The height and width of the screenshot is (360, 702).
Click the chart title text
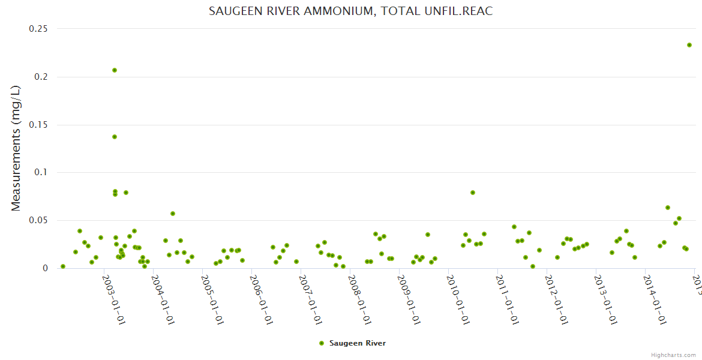pos(350,11)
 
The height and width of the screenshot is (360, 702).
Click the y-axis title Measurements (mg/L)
pos(16,148)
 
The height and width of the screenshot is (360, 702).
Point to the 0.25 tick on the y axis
pos(38,29)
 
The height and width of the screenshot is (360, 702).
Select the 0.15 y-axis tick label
pos(38,125)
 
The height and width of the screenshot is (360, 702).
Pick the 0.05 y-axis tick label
pos(38,221)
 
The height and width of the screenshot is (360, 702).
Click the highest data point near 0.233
pos(689,45)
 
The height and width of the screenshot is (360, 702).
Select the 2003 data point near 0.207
pos(115,70)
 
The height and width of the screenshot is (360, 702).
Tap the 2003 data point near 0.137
pos(115,137)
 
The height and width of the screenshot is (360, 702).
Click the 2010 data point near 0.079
pos(473,193)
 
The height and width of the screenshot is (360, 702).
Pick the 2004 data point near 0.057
pos(173,214)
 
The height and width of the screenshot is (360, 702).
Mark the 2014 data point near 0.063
pos(668,208)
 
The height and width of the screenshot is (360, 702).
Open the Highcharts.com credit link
pos(673,355)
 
